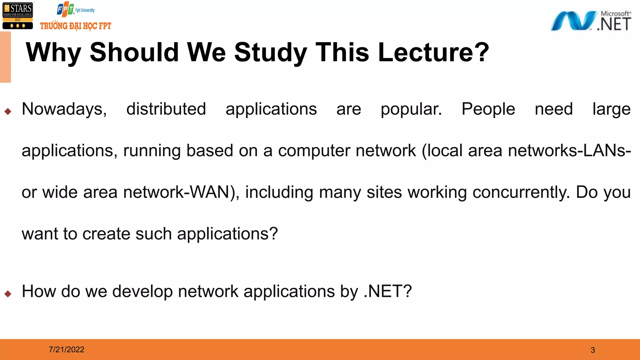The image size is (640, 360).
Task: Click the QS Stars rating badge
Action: click(17, 16)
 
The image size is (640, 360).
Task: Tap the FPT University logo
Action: click(75, 9)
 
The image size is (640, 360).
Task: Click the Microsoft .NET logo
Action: click(591, 21)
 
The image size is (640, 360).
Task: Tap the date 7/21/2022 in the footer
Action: click(67, 349)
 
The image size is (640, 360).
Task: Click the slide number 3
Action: click(593, 350)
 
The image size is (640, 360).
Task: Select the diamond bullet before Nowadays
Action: click(8, 111)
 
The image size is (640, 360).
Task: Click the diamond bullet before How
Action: click(8, 293)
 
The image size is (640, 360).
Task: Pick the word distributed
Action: click(166, 109)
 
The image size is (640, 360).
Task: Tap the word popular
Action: click(411, 110)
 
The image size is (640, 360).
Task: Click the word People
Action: click(488, 109)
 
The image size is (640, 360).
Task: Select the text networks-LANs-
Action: click(569, 151)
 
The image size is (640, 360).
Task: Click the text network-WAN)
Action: click(181, 192)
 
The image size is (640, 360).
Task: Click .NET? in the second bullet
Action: click(387, 291)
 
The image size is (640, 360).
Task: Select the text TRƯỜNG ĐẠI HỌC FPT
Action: click(76, 26)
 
